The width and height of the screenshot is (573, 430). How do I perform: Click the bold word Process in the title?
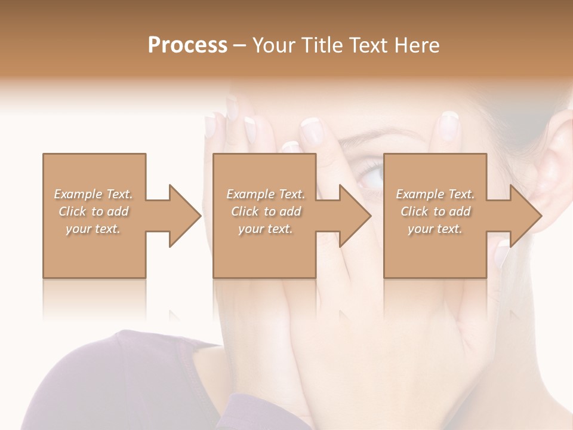(x=187, y=45)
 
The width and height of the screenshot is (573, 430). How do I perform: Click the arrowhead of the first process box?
(x=186, y=216)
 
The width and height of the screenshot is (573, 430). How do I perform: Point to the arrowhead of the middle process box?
(x=356, y=216)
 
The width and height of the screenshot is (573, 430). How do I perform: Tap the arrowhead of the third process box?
(x=526, y=216)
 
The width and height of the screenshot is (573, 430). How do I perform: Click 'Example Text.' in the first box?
(x=94, y=194)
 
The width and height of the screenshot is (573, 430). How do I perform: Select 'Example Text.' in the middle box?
(x=266, y=194)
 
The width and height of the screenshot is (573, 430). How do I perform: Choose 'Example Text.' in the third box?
(x=435, y=194)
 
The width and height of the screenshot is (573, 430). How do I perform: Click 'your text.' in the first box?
(x=93, y=229)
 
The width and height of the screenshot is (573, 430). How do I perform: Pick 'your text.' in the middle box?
(x=265, y=229)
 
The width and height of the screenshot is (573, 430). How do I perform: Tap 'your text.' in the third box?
(x=435, y=229)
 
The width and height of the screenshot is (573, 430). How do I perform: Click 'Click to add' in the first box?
(x=94, y=211)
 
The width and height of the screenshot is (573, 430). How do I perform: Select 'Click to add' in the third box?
(x=435, y=211)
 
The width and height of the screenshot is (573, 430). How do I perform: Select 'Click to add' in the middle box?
(x=266, y=211)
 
